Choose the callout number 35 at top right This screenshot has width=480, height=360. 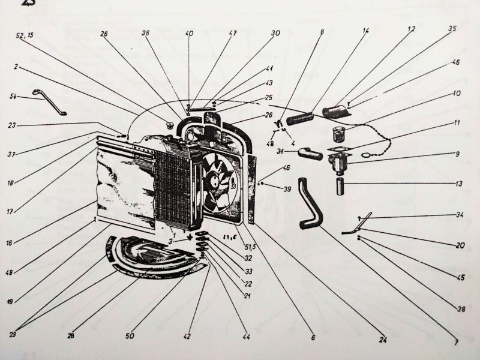[x=452, y=28]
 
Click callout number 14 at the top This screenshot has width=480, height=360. [x=366, y=30]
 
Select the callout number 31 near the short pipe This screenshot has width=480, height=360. [x=281, y=152]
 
